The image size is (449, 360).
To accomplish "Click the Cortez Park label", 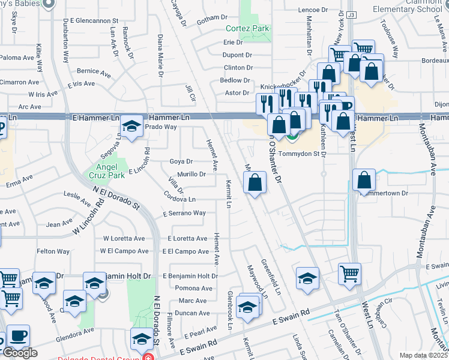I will coord(247,28).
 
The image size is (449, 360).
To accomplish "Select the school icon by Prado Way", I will coord(131,126).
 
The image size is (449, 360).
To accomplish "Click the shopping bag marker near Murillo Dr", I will coord(255,182).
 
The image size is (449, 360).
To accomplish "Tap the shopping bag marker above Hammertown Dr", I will coord(364,180).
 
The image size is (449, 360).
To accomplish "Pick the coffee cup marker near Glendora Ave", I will coord(18,336).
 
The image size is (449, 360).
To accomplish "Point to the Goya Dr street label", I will coord(181,161).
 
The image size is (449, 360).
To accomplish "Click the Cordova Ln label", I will coord(179,199).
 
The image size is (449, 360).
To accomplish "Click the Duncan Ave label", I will coord(192,313).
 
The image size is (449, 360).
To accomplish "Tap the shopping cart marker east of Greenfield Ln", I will coord(349,274).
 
